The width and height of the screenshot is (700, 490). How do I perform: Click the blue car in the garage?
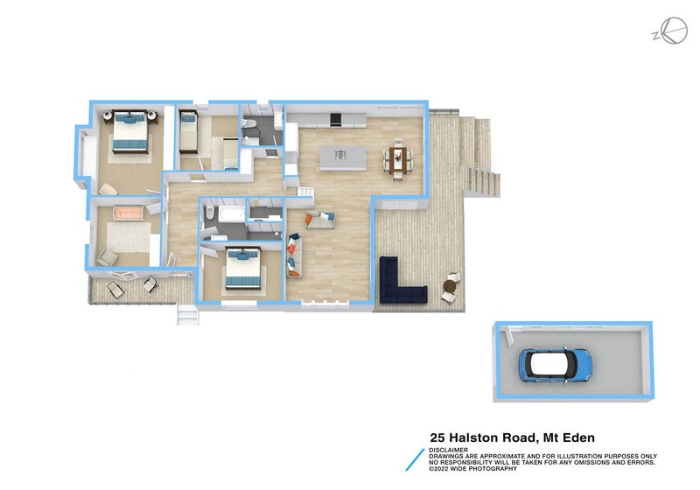point(555,364)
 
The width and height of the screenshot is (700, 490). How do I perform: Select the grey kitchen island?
point(343,158)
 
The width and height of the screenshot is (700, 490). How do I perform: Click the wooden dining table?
point(397,161)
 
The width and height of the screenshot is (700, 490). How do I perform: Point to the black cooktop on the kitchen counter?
point(335,119)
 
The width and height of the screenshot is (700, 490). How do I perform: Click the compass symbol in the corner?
point(670,31)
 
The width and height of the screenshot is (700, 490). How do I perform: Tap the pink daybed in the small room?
point(128,213)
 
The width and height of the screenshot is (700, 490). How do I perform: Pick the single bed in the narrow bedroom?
point(188,131)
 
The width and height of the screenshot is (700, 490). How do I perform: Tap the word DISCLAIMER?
point(448,451)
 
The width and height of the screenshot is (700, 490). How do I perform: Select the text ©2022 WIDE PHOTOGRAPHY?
point(472,469)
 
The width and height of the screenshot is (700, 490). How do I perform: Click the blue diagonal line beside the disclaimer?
point(415,459)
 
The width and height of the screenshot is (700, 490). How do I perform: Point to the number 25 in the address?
point(437,437)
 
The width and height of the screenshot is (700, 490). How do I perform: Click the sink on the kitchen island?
point(340,154)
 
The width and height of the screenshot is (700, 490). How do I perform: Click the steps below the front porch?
point(187,314)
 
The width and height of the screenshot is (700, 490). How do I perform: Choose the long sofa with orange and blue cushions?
point(294,255)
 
